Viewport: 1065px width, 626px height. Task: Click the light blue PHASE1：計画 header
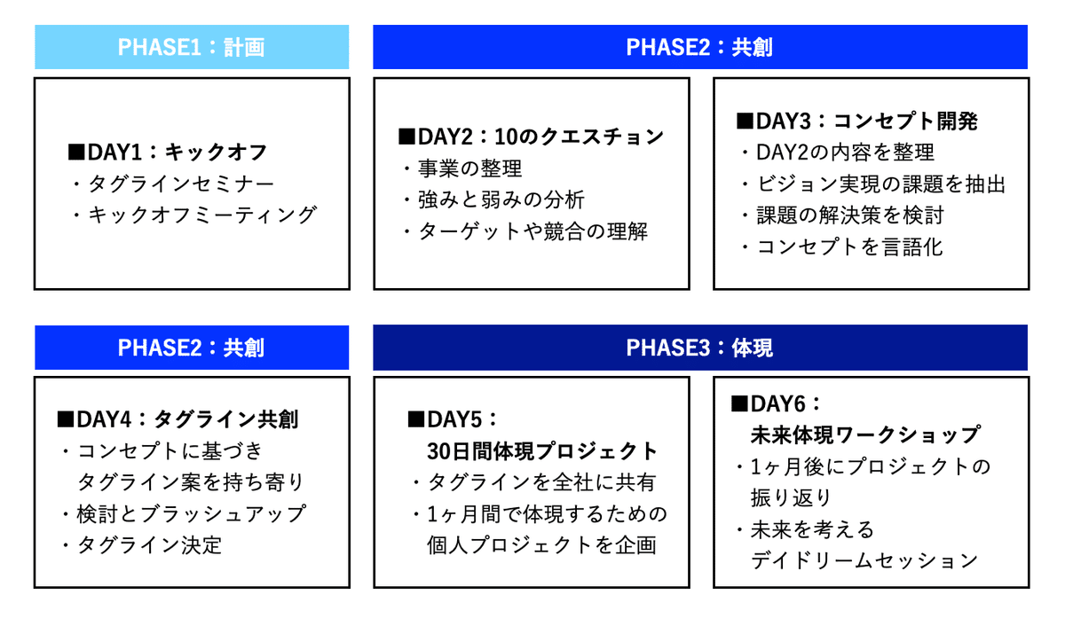click(x=191, y=47)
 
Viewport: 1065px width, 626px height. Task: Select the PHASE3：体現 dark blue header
click(x=699, y=348)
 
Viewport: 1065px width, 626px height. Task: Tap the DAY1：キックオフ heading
click(x=167, y=153)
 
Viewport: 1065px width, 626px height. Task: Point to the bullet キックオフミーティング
click(x=193, y=215)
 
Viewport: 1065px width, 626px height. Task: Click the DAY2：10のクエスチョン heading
click(x=530, y=137)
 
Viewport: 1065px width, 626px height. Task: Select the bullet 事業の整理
click(x=461, y=168)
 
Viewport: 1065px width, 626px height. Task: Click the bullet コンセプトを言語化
click(x=840, y=246)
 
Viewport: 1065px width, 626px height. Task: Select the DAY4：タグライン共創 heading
click(x=177, y=419)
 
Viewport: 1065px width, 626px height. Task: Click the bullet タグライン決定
click(x=141, y=544)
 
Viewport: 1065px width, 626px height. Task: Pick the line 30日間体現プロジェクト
click(x=542, y=450)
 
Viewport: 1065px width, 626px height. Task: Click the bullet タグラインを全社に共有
click(x=533, y=482)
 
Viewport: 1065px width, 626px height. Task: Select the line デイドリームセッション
click(x=864, y=560)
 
